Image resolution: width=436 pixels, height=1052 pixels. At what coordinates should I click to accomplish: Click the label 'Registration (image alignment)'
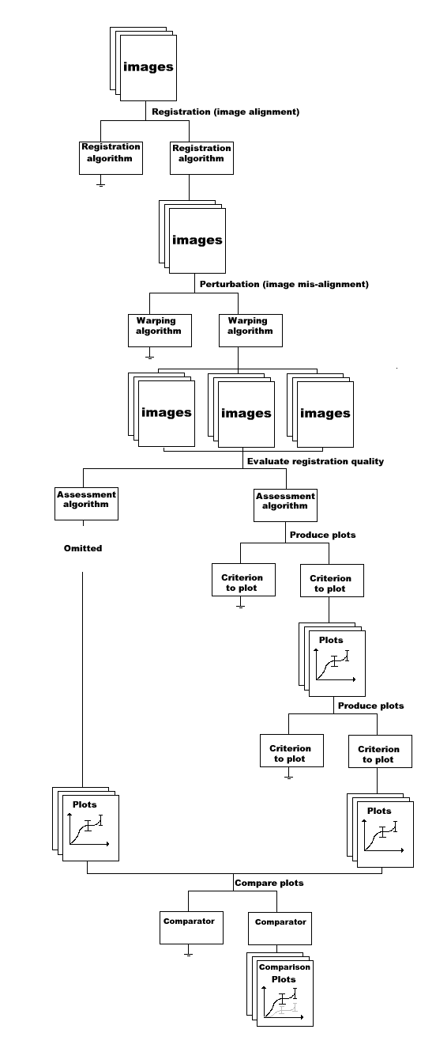pyautogui.click(x=225, y=112)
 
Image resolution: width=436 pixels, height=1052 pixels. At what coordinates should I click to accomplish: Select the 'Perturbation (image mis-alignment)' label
pyautogui.click(x=284, y=284)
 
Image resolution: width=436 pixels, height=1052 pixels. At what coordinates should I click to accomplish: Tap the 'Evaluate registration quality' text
pyautogui.click(x=315, y=461)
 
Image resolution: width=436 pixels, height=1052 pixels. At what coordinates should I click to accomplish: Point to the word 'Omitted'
pyautogui.click(x=83, y=548)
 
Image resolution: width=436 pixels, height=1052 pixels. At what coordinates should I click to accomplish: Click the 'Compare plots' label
pyautogui.click(x=269, y=883)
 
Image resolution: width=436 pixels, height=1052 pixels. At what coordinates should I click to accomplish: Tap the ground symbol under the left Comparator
pyautogui.click(x=189, y=950)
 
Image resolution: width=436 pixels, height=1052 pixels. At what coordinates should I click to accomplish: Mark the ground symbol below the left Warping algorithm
pyautogui.click(x=149, y=353)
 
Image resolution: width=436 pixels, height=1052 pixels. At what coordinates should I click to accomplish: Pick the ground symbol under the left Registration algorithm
pyautogui.click(x=100, y=181)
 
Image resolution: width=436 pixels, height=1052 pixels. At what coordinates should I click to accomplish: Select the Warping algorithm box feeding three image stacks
pyautogui.click(x=251, y=331)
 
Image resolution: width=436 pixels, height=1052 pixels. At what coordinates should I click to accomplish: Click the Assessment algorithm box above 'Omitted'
pyautogui.click(x=86, y=503)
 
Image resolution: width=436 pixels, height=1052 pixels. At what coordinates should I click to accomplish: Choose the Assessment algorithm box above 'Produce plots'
pyautogui.click(x=285, y=505)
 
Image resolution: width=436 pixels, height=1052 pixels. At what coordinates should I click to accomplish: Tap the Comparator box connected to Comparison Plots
pyautogui.click(x=280, y=929)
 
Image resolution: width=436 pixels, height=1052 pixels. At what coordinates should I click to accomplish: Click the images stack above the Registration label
pyautogui.click(x=144, y=64)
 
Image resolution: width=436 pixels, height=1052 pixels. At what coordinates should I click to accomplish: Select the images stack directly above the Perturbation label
pyautogui.click(x=192, y=237)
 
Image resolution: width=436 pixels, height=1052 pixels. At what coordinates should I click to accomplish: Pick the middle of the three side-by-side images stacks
pyautogui.click(x=242, y=411)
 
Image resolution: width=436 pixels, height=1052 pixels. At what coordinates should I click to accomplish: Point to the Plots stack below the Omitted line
pyautogui.click(x=86, y=824)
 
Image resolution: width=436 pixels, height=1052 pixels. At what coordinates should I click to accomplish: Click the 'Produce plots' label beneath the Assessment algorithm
pyautogui.click(x=322, y=535)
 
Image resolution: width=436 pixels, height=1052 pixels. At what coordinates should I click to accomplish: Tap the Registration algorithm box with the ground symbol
pyautogui.click(x=111, y=158)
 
